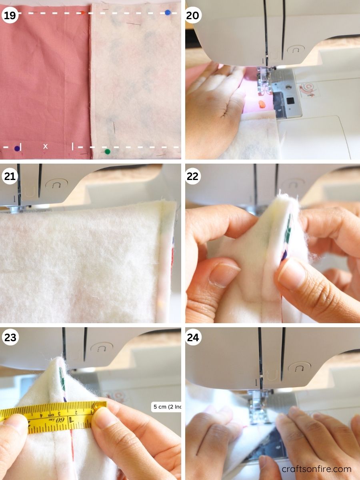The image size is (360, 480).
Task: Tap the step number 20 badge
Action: click(x=194, y=15)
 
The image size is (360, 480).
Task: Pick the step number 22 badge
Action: click(x=194, y=176)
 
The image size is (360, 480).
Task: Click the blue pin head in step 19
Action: click(x=168, y=12)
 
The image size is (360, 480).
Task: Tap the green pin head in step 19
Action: click(x=107, y=152)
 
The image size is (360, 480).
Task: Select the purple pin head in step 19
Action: click(x=17, y=148)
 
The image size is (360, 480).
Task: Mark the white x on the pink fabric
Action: click(x=45, y=146)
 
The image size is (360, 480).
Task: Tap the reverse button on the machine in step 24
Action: click(x=298, y=367)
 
